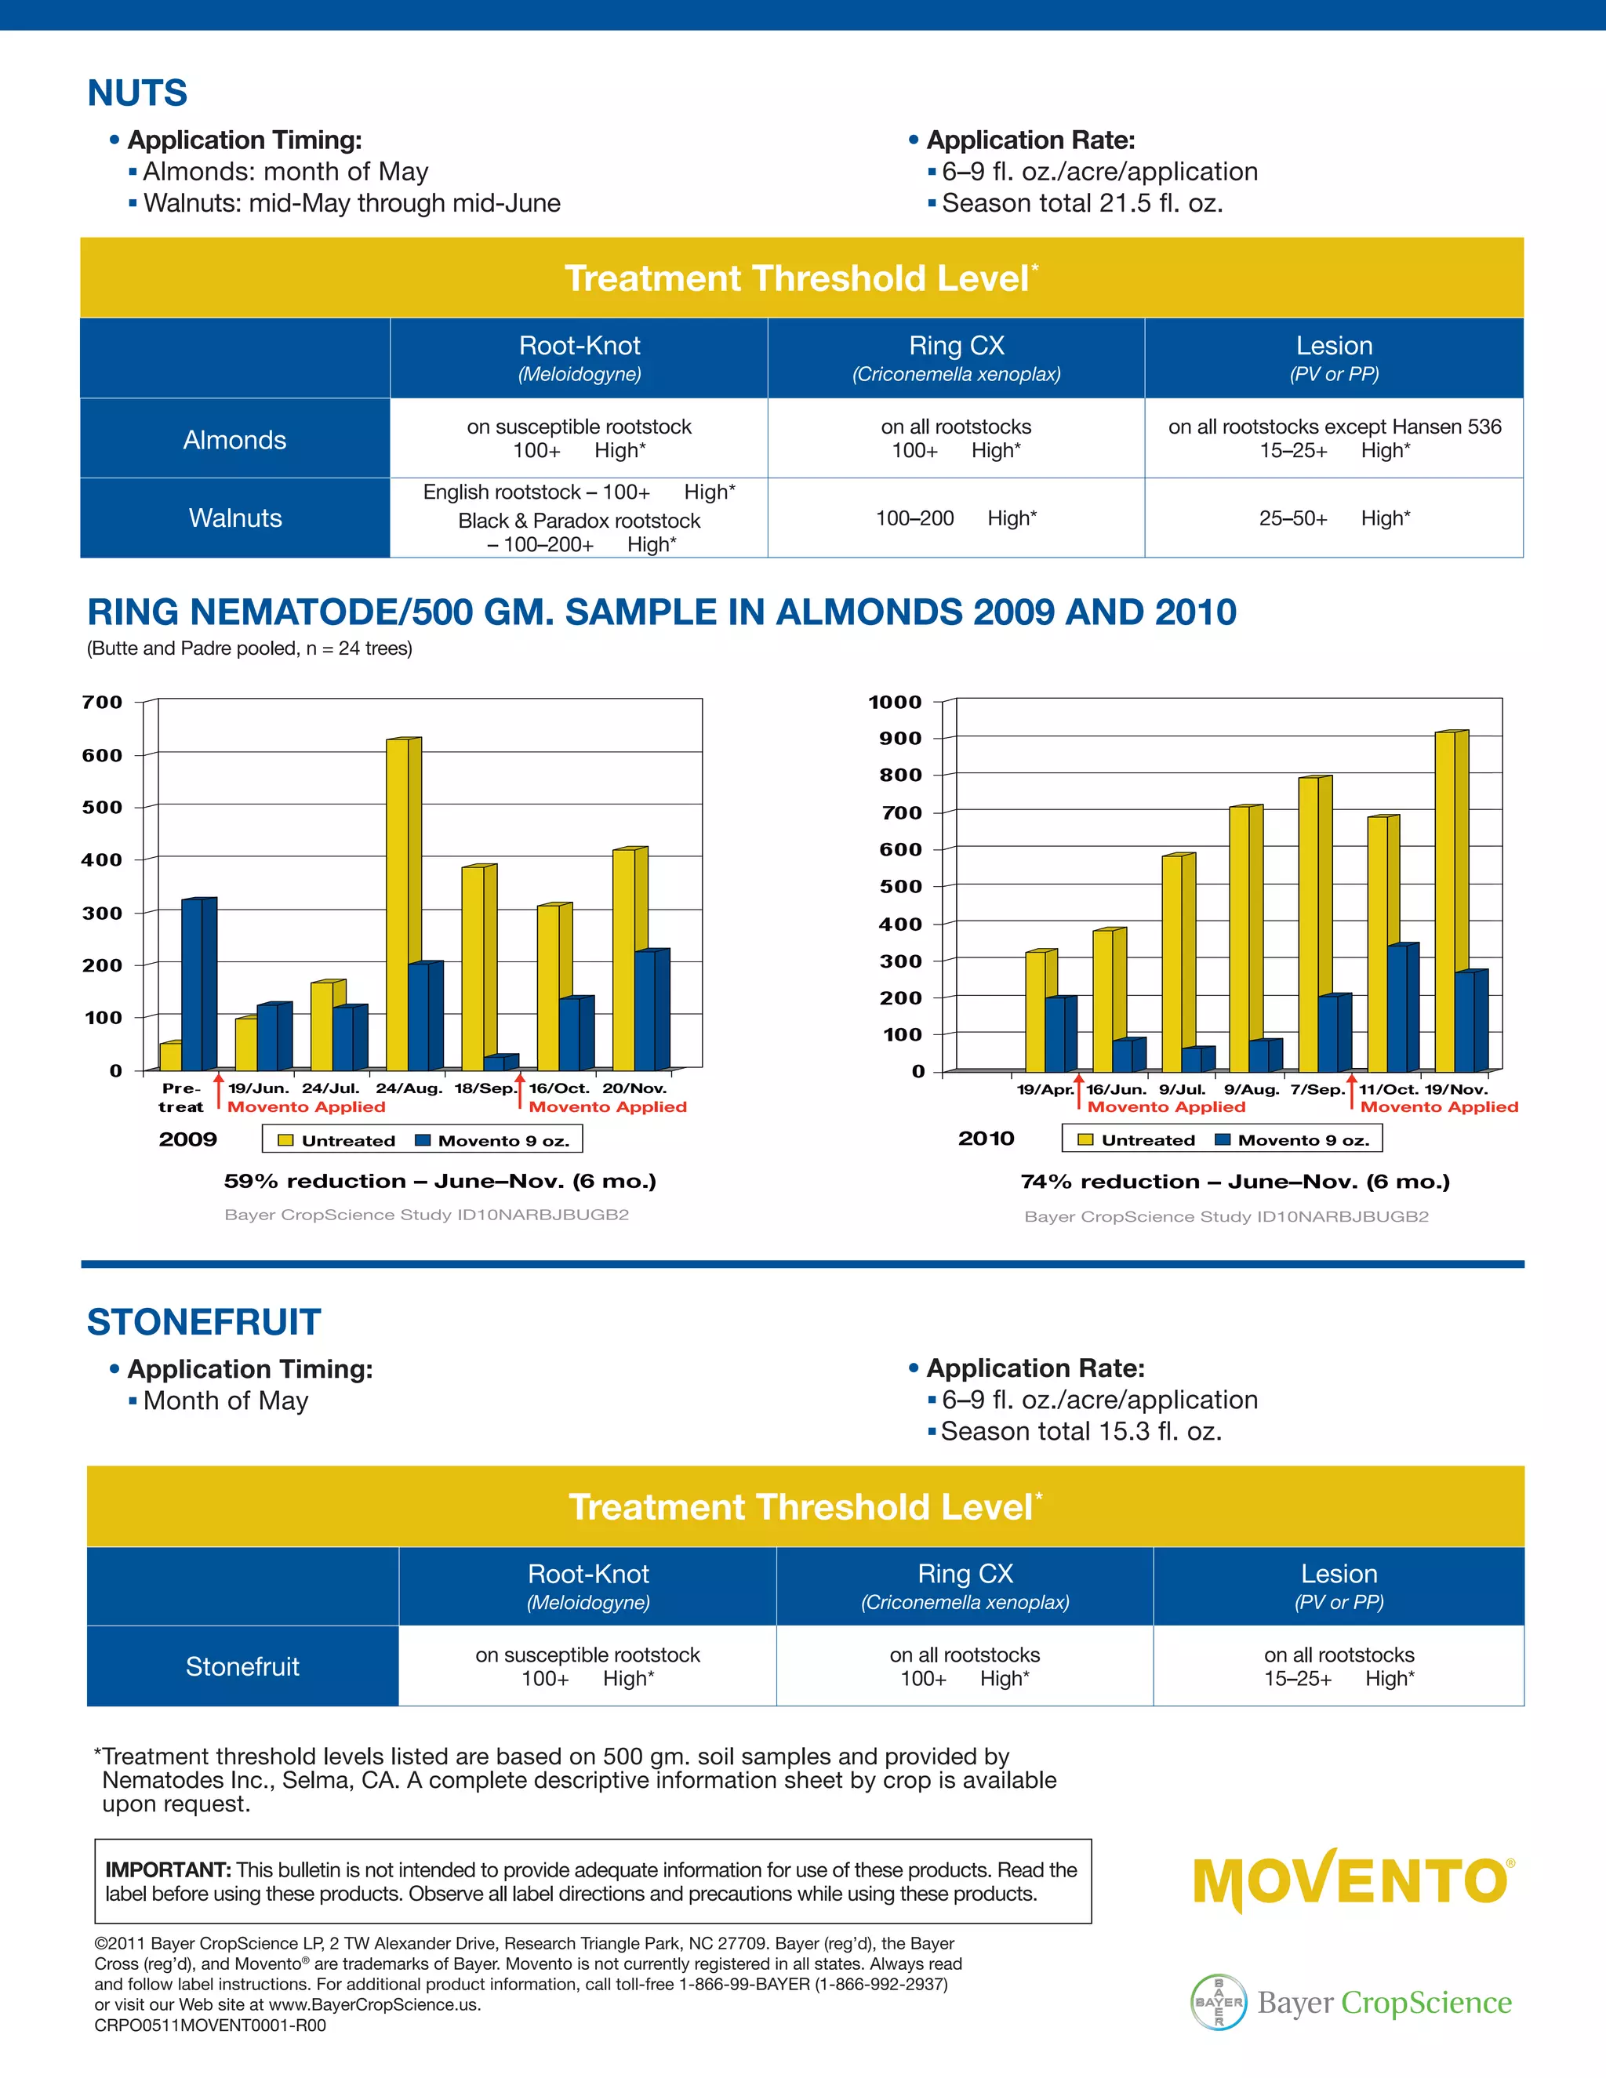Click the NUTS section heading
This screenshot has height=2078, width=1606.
click(137, 93)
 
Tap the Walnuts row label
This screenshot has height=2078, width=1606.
click(235, 518)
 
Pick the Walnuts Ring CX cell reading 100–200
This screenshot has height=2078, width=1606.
click(955, 518)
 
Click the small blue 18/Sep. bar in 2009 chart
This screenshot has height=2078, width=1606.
click(496, 1062)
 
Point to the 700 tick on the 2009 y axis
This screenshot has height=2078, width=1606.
click(103, 702)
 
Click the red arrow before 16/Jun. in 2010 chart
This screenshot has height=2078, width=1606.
click(1079, 1092)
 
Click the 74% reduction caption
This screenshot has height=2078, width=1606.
click(1234, 1182)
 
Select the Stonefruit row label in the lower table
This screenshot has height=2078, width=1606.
click(242, 1666)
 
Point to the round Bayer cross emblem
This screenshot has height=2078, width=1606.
click(1219, 2002)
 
